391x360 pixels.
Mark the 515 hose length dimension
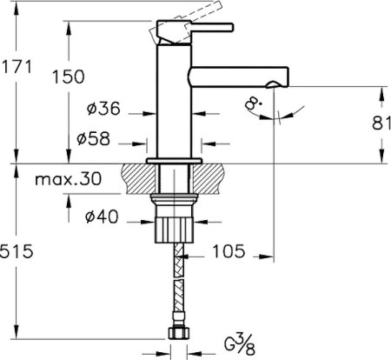pyautogui.click(x=17, y=251)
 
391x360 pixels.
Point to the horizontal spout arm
pyautogui.click(x=235, y=76)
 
